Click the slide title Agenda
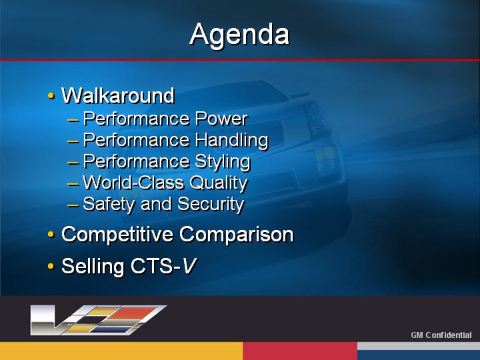(239, 35)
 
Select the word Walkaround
(118, 95)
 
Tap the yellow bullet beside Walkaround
(51, 96)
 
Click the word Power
(221, 119)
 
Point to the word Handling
(232, 141)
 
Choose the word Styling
(223, 162)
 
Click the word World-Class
(133, 183)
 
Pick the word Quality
(219, 183)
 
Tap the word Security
(211, 205)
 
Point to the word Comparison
(236, 235)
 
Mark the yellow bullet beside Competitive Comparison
(51, 235)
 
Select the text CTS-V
(163, 266)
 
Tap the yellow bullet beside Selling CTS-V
(51, 266)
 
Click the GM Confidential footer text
(441, 335)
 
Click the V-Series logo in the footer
(98, 320)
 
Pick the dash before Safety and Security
(73, 205)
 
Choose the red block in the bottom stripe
(300, 351)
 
